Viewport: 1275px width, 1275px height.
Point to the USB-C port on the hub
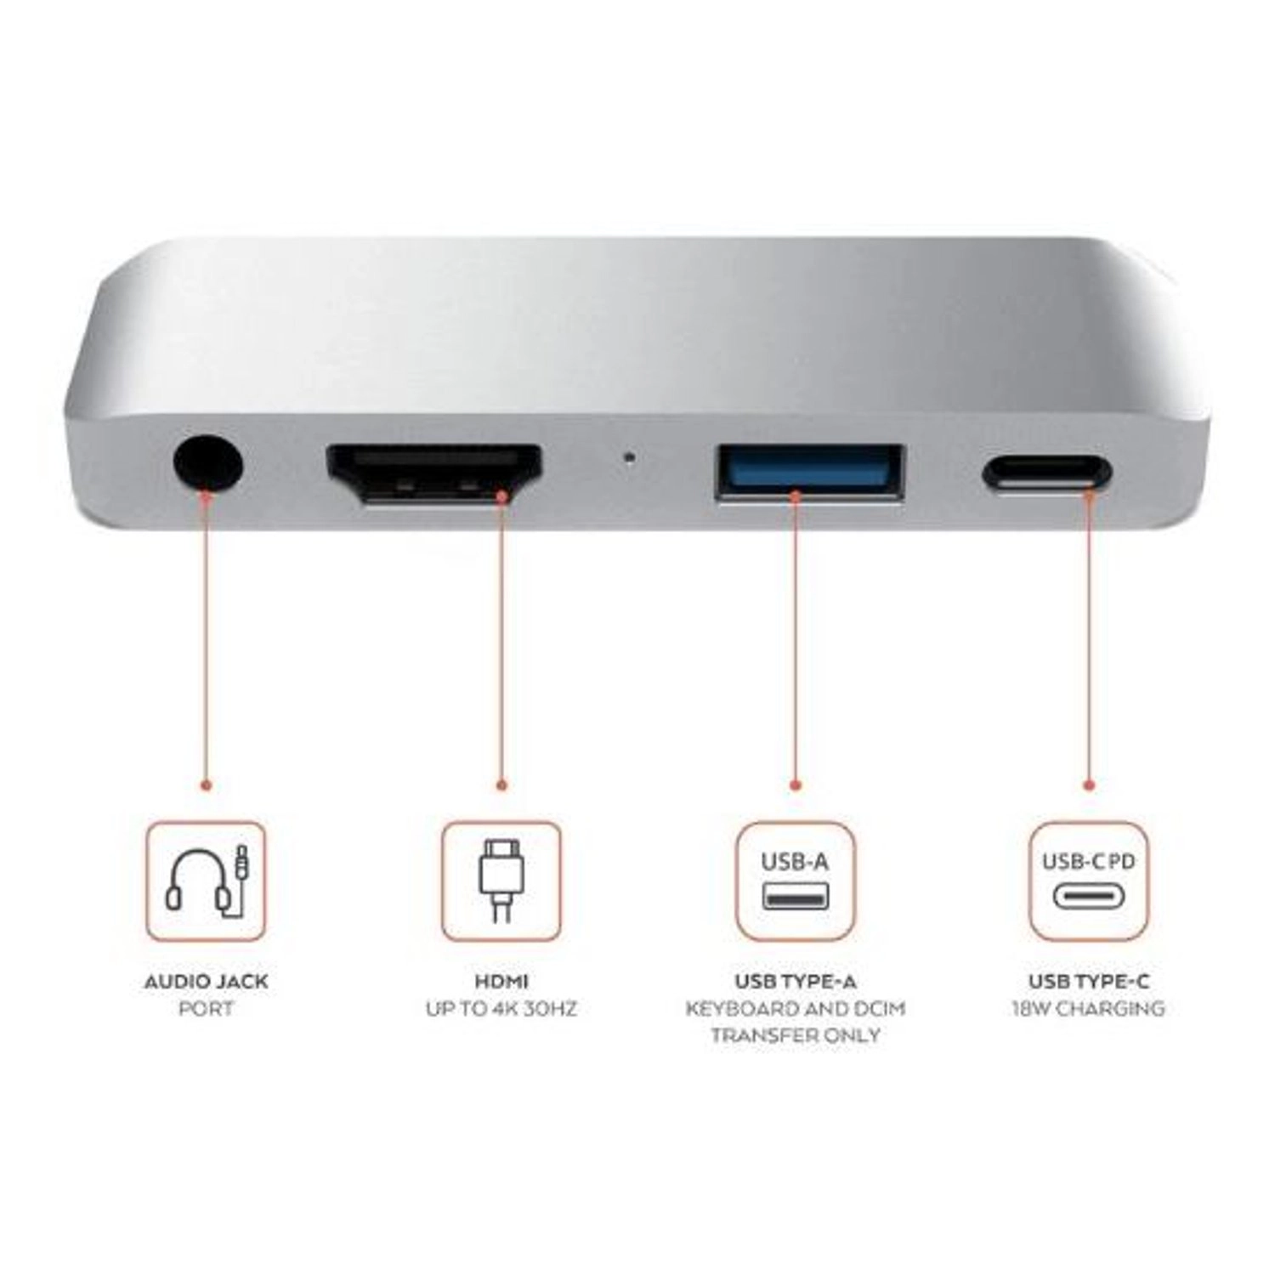(x=1045, y=473)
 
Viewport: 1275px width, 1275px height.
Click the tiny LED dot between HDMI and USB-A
(x=629, y=457)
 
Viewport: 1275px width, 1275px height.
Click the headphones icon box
(x=206, y=881)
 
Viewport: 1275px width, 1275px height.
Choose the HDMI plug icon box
(x=501, y=881)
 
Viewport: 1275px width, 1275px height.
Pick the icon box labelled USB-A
(x=795, y=881)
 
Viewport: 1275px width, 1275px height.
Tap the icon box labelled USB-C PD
(x=1089, y=881)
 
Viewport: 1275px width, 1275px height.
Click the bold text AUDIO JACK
(x=206, y=982)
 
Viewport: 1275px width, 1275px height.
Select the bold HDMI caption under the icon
(x=501, y=982)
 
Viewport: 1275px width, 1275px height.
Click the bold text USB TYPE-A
(x=795, y=982)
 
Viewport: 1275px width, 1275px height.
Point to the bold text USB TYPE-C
(x=1089, y=982)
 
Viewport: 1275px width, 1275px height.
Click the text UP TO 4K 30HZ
(x=501, y=1009)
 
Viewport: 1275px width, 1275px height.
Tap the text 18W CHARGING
(x=1089, y=1009)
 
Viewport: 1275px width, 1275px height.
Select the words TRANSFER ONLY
(x=795, y=1035)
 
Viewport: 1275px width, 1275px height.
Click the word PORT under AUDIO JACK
(x=206, y=1009)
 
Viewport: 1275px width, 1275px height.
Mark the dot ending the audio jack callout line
(x=206, y=785)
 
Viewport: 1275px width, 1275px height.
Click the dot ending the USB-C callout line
(x=1089, y=785)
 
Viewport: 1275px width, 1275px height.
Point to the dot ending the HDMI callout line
(x=501, y=785)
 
